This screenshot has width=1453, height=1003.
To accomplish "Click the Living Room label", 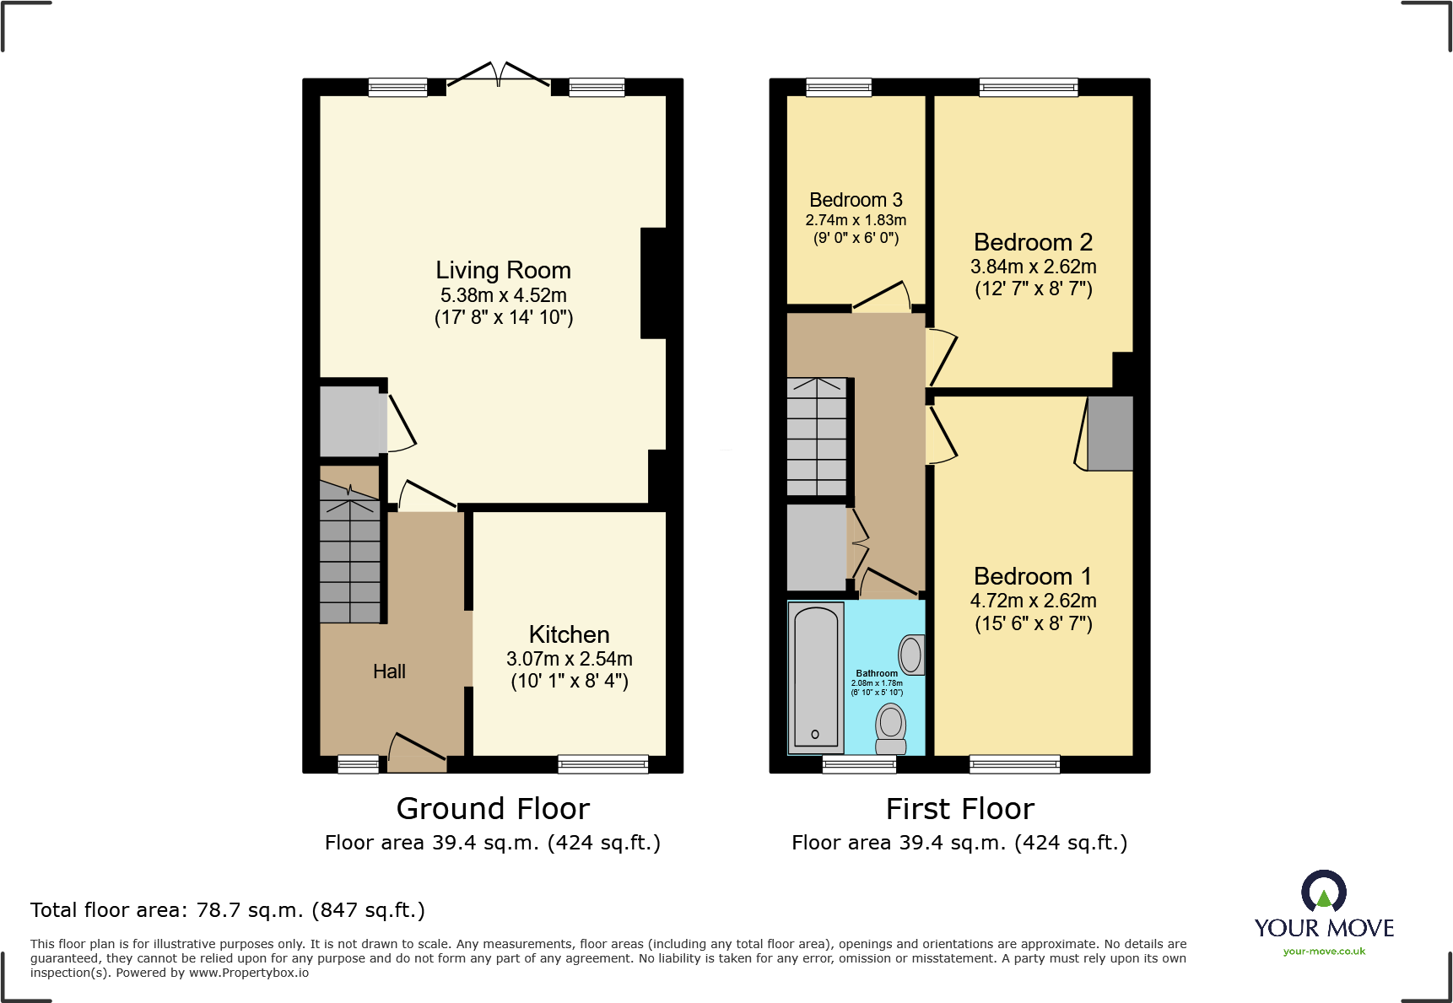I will pyautogui.click(x=503, y=270).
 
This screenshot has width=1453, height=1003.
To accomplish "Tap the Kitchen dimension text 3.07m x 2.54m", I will pyautogui.click(x=569, y=659).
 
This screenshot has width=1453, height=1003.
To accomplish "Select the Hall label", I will pyautogui.click(x=389, y=671).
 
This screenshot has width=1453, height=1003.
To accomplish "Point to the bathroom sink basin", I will pyautogui.click(x=910, y=654).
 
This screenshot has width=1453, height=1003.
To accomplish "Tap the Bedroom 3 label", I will pyautogui.click(x=856, y=200).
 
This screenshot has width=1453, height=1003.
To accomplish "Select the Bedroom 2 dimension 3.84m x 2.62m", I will pyautogui.click(x=1033, y=267).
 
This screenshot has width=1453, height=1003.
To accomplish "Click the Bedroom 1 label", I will pyautogui.click(x=1032, y=576).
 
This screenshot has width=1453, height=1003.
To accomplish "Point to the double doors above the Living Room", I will pyautogui.click(x=499, y=74).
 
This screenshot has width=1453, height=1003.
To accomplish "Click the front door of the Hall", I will pyautogui.click(x=417, y=752).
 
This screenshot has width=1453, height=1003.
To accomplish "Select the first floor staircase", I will pyautogui.click(x=816, y=437).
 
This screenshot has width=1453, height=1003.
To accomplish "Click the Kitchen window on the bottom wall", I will pyautogui.click(x=602, y=764).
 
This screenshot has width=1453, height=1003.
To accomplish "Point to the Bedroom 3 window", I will pyautogui.click(x=838, y=86).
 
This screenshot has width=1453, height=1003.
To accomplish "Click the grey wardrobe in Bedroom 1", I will pyautogui.click(x=1110, y=433).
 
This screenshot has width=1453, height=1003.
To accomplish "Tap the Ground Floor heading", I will pyautogui.click(x=493, y=809).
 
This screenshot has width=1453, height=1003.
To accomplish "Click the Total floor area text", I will pyautogui.click(x=227, y=910).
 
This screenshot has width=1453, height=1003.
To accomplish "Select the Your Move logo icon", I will pyautogui.click(x=1323, y=892).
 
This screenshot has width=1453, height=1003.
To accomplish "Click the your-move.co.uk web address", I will pyautogui.click(x=1323, y=952).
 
